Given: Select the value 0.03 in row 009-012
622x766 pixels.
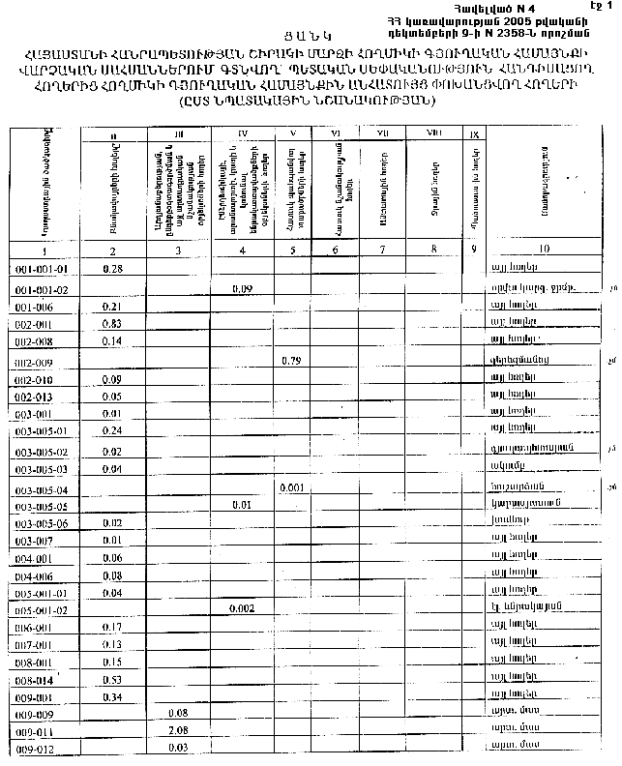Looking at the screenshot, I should pyautogui.click(x=177, y=747).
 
